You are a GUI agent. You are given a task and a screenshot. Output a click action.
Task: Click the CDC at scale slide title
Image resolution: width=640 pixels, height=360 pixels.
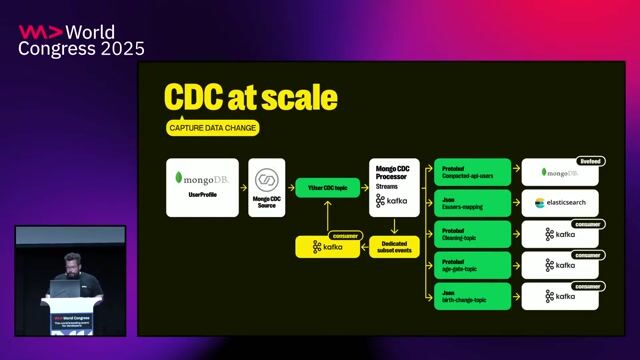[250, 99]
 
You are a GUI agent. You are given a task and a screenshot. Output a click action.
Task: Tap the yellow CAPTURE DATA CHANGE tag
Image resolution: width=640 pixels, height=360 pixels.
[212, 128]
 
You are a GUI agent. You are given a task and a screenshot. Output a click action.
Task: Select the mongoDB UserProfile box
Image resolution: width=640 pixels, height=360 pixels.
[202, 187]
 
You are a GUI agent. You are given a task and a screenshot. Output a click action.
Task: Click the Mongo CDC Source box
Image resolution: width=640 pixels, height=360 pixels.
[266, 187]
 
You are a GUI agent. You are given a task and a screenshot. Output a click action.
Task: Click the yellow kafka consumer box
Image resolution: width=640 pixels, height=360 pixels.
[327, 246]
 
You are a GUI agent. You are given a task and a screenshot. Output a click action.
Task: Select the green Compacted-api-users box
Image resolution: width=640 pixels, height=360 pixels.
[472, 172]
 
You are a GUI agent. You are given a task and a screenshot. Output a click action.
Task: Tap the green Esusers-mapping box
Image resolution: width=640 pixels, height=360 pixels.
[472, 203]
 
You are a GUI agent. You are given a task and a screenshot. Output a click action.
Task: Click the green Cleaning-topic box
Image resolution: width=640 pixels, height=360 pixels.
[472, 234]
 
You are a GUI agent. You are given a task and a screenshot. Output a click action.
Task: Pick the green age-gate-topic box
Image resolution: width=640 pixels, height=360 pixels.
[472, 265]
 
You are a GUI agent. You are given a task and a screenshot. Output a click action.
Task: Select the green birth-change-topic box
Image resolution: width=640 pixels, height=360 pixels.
[472, 296]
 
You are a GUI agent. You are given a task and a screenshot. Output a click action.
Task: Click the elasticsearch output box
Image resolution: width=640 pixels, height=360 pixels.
[560, 203]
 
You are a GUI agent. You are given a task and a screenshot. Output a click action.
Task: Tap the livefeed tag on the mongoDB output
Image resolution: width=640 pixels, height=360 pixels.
[590, 161]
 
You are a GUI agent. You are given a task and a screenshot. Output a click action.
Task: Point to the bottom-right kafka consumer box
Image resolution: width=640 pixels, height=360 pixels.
[560, 296]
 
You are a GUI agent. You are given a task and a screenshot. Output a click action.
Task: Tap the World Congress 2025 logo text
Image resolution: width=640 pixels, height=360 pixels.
[82, 40]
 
